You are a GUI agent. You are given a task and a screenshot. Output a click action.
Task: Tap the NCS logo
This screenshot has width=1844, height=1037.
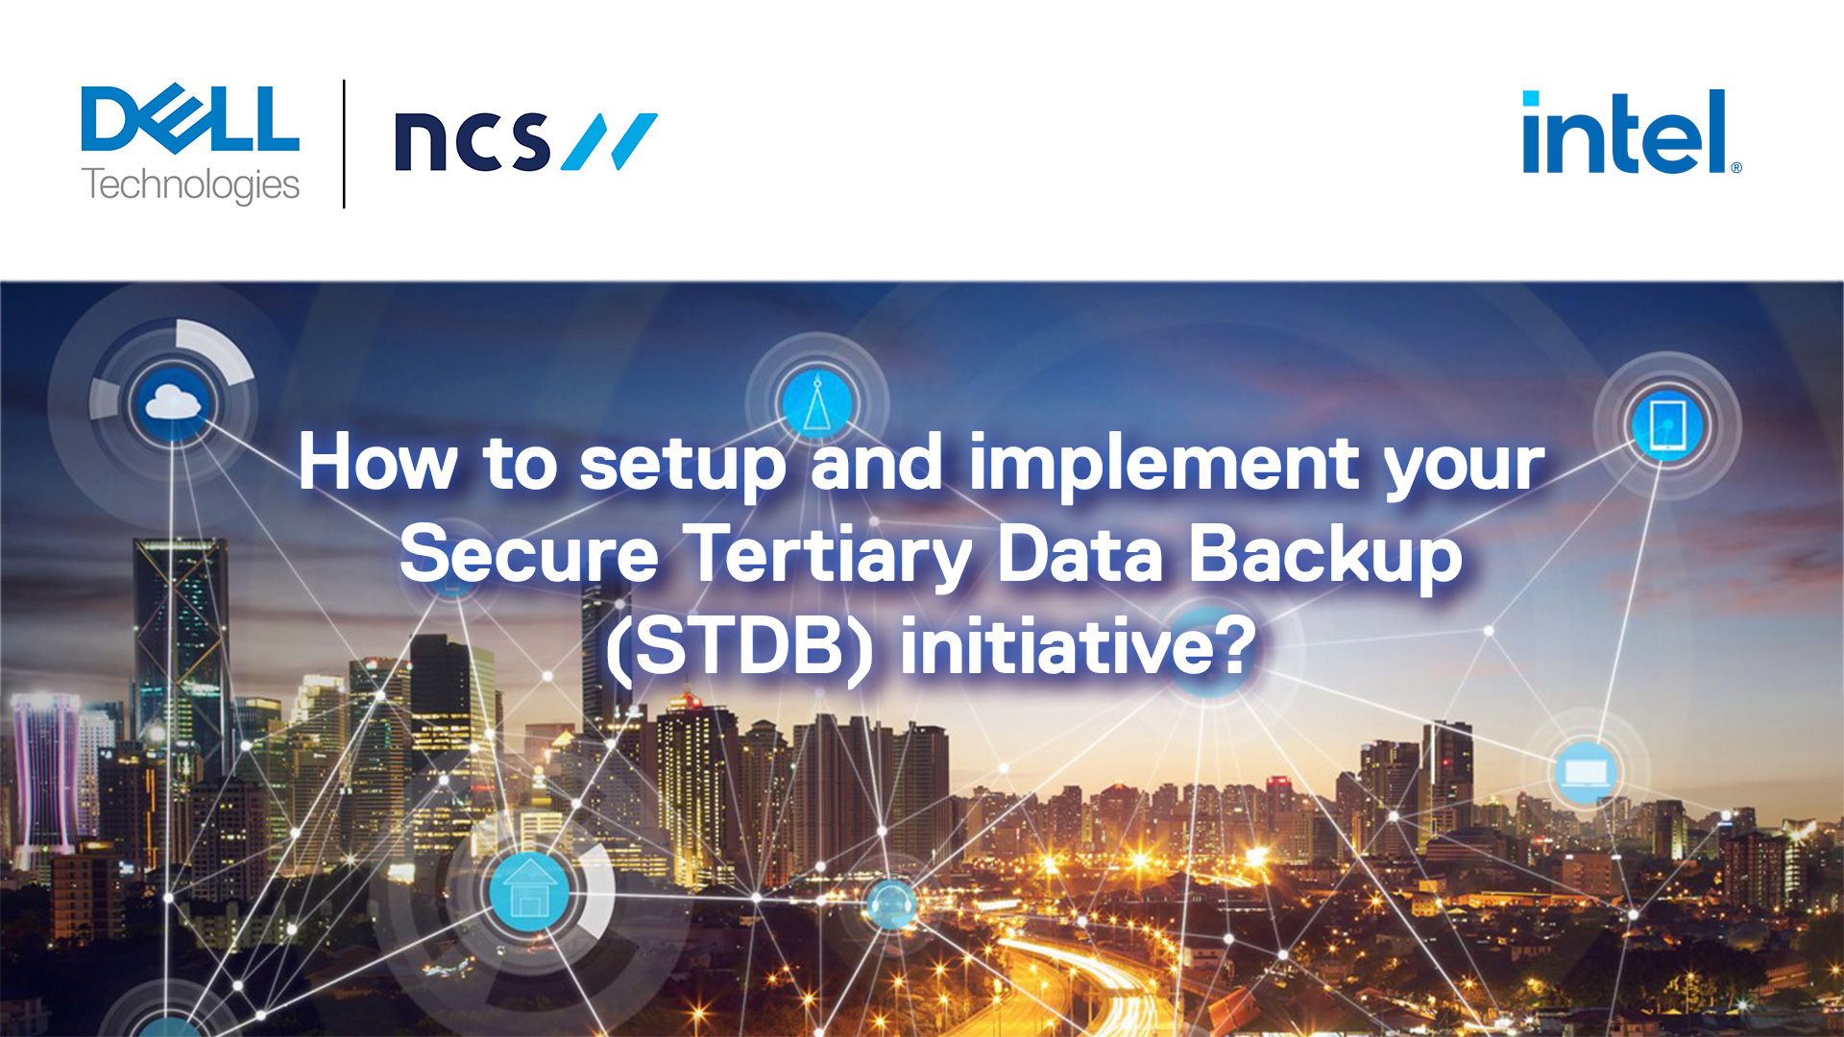(x=524, y=141)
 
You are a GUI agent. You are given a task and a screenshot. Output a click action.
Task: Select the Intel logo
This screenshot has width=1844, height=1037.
(x=1630, y=133)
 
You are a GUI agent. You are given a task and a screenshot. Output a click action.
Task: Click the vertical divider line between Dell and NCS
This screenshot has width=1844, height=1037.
(x=344, y=144)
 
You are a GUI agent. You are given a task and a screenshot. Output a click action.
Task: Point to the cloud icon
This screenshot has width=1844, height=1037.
(x=172, y=402)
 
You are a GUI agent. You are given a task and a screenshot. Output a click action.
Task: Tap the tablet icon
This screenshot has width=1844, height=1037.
(x=1667, y=424)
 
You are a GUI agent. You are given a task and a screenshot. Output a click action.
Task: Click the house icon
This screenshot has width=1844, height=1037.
(x=529, y=890)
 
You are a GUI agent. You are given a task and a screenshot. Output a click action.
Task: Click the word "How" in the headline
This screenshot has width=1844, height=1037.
(x=377, y=463)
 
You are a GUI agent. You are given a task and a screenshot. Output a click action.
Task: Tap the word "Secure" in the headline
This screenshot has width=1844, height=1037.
(x=528, y=554)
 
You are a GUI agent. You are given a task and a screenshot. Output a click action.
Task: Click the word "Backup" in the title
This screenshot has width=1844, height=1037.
(x=1324, y=556)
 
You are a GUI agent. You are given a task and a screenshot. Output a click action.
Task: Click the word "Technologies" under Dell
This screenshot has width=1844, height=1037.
(x=190, y=185)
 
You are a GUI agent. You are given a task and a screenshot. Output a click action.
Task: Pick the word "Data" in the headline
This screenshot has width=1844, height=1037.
(x=1080, y=554)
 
